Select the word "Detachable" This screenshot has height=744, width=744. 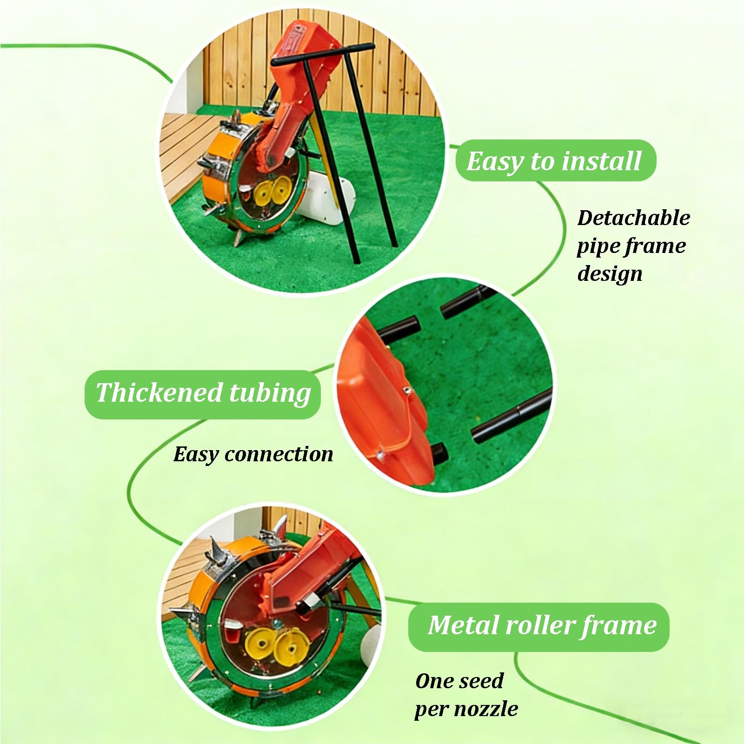634,218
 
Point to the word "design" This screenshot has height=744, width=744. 610,274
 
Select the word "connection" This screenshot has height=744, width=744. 279,454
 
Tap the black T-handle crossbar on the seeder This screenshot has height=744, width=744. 324,54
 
